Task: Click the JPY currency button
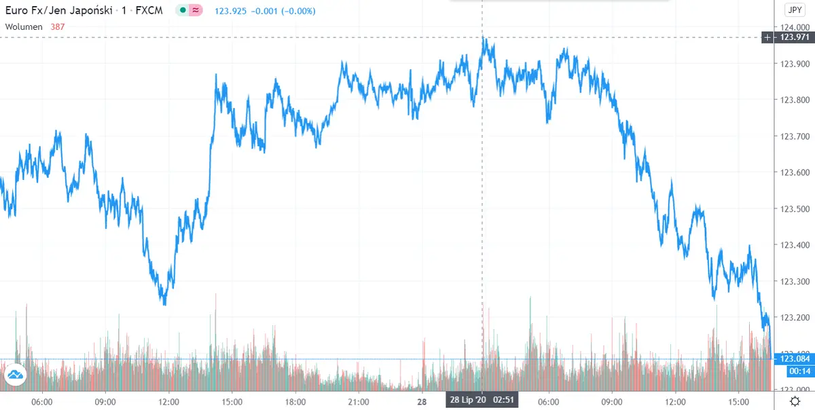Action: (794, 10)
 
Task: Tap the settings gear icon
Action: (795, 401)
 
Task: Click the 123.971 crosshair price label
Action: (794, 37)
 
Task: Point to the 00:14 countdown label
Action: (796, 371)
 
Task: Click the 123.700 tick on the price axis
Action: (794, 136)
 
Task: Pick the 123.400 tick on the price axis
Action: (794, 245)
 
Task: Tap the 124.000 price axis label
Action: (794, 27)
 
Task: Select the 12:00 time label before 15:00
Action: (169, 401)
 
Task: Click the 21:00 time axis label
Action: (358, 401)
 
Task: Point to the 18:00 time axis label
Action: (295, 401)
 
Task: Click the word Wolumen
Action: (24, 26)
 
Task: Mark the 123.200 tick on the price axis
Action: (794, 318)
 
